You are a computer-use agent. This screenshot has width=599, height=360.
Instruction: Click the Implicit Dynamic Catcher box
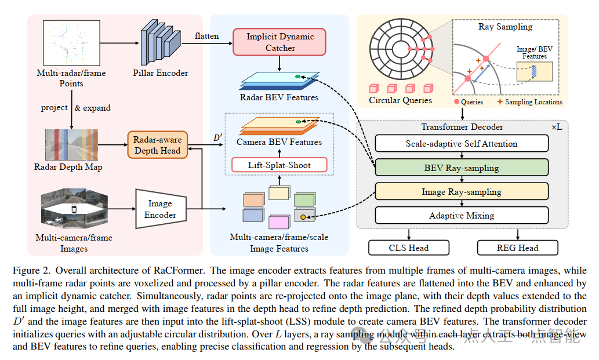279,42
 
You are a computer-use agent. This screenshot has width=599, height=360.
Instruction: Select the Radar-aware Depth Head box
157,145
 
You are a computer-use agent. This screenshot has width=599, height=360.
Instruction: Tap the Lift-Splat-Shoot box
279,165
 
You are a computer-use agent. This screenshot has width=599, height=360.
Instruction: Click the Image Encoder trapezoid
161,209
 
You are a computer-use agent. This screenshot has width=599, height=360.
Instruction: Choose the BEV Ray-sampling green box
462,168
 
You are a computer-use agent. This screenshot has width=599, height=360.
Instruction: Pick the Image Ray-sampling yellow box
462,192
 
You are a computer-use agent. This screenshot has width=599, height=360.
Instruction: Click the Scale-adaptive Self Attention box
462,144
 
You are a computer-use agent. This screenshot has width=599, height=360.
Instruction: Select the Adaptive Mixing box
462,216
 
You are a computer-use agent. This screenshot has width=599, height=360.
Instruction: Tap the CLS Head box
409,248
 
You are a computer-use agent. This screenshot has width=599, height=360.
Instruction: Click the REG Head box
518,248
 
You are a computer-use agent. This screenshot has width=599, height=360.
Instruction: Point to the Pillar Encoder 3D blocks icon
161,43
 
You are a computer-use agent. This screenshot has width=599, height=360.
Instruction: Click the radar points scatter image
71,43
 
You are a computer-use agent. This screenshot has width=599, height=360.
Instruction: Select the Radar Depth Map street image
71,145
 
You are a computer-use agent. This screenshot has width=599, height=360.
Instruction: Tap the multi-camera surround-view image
74,209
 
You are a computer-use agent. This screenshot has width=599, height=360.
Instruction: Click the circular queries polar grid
401,49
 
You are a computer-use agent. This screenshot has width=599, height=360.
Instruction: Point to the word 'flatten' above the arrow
206,36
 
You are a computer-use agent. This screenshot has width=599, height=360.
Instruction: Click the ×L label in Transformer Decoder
557,127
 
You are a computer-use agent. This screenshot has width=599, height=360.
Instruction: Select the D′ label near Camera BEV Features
218,137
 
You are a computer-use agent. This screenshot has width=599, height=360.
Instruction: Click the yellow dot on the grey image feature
303,217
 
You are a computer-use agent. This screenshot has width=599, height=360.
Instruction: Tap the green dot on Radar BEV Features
297,77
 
